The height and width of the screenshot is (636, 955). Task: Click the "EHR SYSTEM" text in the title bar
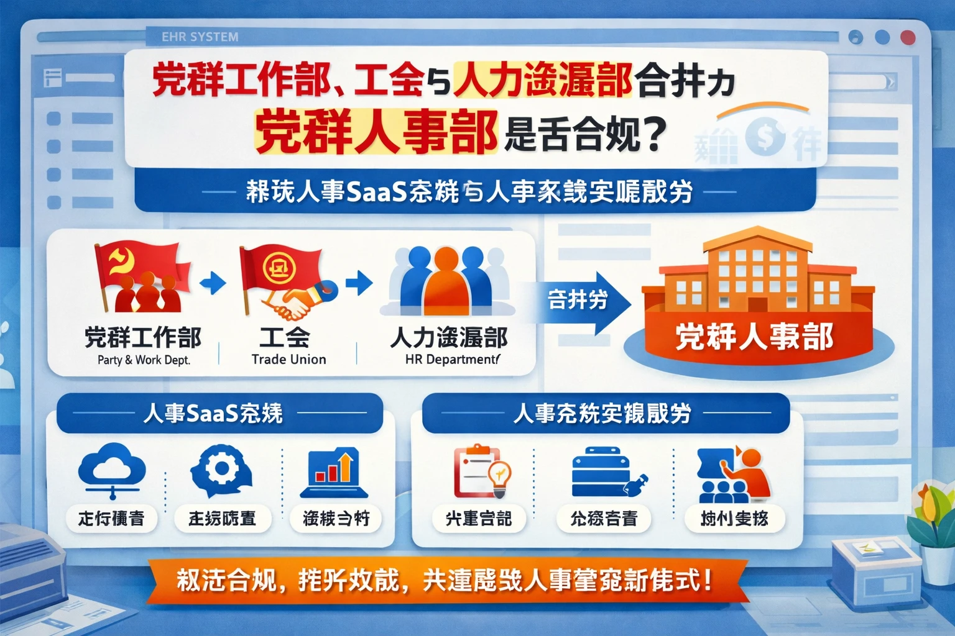[200, 37]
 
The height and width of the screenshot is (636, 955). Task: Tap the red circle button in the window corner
[908, 37]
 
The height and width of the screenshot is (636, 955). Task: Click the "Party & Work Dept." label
[144, 360]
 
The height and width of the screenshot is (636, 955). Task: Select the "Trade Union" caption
[288, 360]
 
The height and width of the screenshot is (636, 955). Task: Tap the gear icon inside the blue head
[219, 468]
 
